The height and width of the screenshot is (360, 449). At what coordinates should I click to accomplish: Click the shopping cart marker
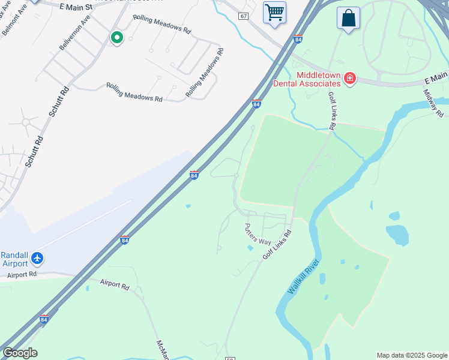pyautogui.click(x=275, y=13)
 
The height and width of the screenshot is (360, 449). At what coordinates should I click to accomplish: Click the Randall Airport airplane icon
pyautogui.click(x=38, y=258)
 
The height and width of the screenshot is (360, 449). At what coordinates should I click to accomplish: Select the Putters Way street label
pyautogui.click(x=258, y=233)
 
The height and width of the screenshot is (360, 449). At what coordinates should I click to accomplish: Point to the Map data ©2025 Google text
pyautogui.click(x=412, y=355)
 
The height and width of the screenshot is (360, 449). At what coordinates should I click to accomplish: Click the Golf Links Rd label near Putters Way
pyautogui.click(x=277, y=244)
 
